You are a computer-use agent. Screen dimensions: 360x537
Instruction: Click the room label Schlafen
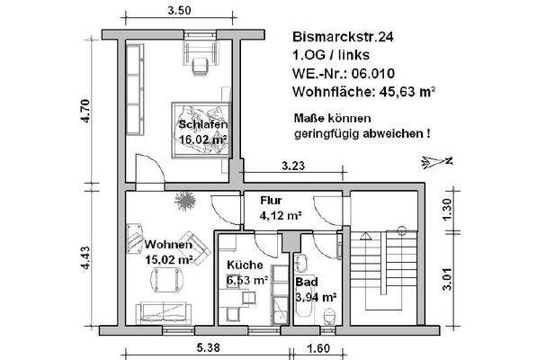(201, 124)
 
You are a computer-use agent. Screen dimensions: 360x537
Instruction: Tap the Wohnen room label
(167, 245)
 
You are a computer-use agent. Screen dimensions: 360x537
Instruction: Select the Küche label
(245, 265)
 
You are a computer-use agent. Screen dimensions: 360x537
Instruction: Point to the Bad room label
(307, 281)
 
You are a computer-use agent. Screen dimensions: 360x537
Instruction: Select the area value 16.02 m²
(201, 139)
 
